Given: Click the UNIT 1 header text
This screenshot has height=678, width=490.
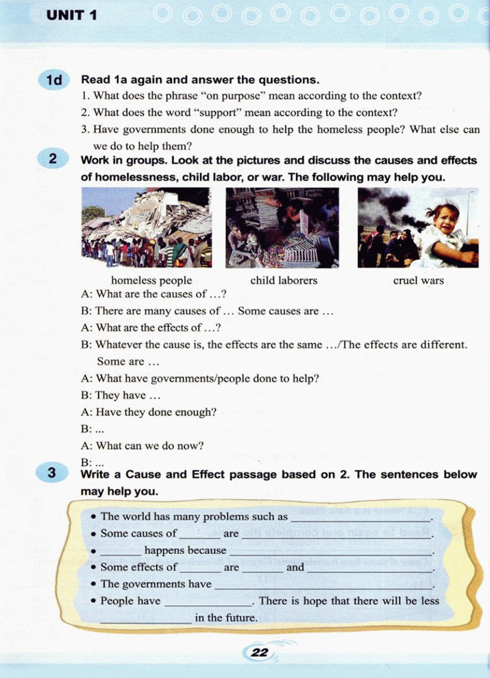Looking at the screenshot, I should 72,15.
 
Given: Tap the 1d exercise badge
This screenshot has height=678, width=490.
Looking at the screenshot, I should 54,80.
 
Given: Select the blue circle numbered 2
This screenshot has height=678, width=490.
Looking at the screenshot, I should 53,159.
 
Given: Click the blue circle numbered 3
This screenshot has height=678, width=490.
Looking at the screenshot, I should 51,473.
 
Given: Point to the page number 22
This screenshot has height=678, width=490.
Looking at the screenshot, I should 260,652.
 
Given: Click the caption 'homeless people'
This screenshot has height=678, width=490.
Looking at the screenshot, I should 151,280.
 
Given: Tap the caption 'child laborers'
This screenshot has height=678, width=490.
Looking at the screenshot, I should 284,280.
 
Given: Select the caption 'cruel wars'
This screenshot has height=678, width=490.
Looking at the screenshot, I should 418,280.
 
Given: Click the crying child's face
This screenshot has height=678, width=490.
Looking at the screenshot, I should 445,219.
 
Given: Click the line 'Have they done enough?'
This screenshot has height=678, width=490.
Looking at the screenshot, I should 156,412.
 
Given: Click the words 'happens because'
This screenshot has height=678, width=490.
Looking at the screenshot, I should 185,551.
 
